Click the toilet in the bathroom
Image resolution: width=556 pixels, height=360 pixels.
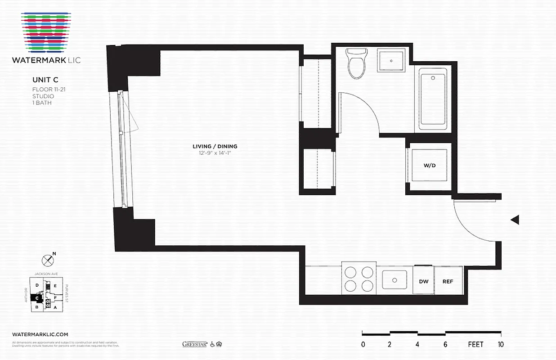[358, 63]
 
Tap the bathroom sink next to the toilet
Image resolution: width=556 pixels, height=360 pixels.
[391, 60]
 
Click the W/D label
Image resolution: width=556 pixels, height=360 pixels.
[429, 165]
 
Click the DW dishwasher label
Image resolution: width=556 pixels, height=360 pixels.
[423, 281]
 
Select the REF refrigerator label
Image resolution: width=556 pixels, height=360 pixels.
[448, 281]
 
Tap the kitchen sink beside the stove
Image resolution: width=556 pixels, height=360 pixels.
[395, 279]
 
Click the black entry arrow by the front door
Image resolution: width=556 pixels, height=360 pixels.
[515, 220]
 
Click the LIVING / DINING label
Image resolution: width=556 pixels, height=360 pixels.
[215, 146]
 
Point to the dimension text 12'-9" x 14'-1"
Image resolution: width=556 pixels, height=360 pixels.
[215, 153]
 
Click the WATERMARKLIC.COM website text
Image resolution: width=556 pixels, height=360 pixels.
[40, 334]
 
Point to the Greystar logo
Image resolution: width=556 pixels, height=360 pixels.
[194, 344]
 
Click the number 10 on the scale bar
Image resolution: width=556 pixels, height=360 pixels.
[500, 345]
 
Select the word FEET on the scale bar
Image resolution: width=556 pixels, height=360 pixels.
[475, 345]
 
